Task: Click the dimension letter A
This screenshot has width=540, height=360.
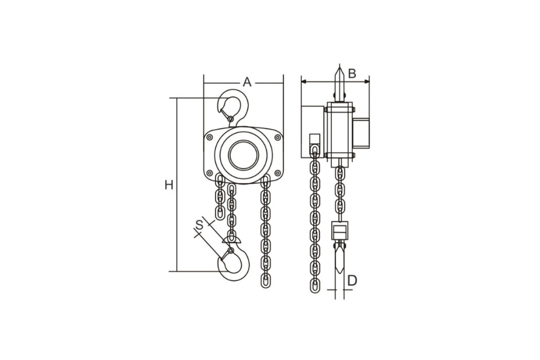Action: point(247,82)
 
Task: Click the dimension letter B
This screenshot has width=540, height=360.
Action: point(352,73)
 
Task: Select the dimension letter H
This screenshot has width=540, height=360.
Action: point(169,185)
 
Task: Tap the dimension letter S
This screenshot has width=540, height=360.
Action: point(199,225)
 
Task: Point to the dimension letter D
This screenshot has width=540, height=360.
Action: point(352,280)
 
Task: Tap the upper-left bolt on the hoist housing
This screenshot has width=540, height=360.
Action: point(210,137)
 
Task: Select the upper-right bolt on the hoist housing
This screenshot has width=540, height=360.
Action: point(278,137)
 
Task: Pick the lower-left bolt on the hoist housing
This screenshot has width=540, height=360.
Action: point(210,173)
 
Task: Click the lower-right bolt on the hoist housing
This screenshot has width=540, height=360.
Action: point(278,173)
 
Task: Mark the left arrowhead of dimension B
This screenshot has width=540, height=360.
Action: point(304,81)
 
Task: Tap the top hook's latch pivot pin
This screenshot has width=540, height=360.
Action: point(231,119)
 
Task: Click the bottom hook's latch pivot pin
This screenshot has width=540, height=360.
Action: point(231,251)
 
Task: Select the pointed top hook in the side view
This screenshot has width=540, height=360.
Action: point(339,85)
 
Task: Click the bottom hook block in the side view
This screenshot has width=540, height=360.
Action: point(340,230)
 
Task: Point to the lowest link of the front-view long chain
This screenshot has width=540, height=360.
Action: point(265,281)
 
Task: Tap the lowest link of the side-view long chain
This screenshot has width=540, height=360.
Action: point(315,286)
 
